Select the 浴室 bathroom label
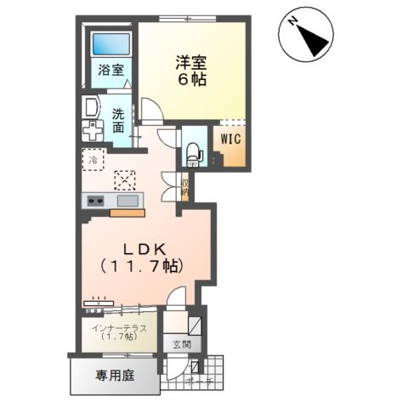[x=109, y=71]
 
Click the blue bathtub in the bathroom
[x=110, y=45]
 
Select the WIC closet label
[x=232, y=136]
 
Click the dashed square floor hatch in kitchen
[x=126, y=179]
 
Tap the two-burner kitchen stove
[x=93, y=201]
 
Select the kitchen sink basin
[x=127, y=201]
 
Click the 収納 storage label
[x=184, y=184]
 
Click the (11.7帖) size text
[x=143, y=266]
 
